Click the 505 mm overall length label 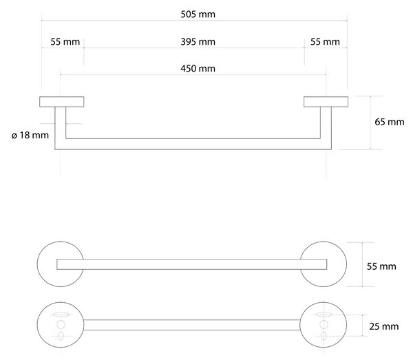coord(198,14)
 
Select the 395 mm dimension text coord(198,41)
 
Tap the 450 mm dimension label coord(198,68)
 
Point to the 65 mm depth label coord(390,122)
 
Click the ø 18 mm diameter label coord(30,135)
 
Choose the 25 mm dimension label coord(384,326)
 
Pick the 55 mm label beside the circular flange coord(381,266)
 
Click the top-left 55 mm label coord(65,41)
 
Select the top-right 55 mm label coord(325,41)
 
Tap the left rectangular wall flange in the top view coord(62,102)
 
